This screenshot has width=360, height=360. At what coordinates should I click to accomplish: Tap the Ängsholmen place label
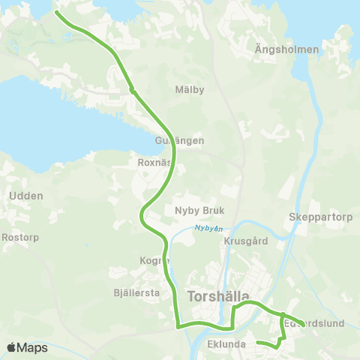(x=287, y=49)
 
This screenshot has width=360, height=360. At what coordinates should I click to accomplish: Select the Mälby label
(x=189, y=90)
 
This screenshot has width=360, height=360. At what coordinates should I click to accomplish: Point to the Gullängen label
(x=179, y=140)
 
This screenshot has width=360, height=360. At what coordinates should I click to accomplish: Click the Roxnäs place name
(x=155, y=160)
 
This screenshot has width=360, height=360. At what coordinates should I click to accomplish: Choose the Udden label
(x=26, y=196)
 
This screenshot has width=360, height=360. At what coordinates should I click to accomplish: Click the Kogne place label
(x=154, y=261)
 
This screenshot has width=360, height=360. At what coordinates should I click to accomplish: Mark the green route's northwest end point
(x=57, y=12)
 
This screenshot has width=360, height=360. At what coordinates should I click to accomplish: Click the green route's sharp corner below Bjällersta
(x=177, y=325)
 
